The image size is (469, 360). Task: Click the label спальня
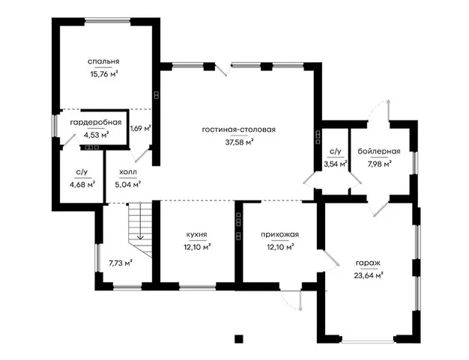(103, 61)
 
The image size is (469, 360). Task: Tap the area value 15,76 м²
(103, 74)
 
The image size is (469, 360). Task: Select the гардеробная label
(96, 123)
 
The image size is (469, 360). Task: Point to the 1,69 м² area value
(140, 129)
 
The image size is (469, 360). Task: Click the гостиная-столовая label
(239, 129)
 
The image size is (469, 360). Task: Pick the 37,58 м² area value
(239, 142)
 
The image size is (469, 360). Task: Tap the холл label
(128, 172)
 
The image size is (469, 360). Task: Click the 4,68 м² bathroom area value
(82, 185)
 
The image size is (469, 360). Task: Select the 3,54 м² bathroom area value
(336, 164)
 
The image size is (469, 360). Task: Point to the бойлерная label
(379, 151)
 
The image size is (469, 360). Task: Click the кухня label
(196, 234)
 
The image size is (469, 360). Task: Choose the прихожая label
(279, 234)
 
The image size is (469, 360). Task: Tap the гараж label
(368, 263)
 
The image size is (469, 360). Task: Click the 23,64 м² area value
(369, 275)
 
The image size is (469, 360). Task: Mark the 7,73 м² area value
(121, 263)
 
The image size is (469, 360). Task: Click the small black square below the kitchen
(239, 339)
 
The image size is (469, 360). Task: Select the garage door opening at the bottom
(368, 341)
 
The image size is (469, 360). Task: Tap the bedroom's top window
(107, 21)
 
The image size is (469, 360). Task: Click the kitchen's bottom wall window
(197, 287)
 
